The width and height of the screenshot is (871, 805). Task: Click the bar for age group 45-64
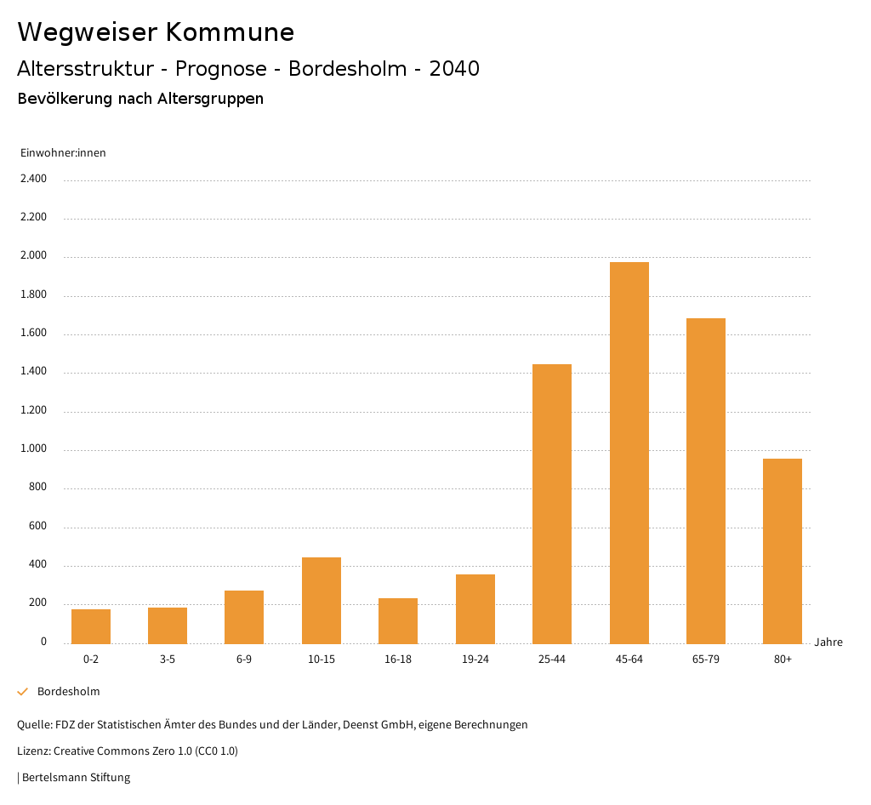coord(629,453)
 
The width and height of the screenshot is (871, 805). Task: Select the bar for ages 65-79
coord(706,481)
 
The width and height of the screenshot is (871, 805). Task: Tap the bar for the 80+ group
coord(783,551)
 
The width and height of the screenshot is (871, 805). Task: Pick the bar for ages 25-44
coord(552,504)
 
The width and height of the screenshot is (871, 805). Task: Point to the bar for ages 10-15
coord(322,601)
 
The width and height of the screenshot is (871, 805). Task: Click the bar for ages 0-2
coord(91,626)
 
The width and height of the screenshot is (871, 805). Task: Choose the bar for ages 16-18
coord(398,621)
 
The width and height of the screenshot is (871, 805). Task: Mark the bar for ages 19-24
coord(475,609)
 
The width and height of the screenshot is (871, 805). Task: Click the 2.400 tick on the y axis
coord(33,179)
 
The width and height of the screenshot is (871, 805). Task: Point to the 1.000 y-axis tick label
coord(33,449)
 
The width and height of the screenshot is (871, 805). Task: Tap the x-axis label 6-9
coord(244,659)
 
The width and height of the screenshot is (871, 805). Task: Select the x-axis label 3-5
coord(168,659)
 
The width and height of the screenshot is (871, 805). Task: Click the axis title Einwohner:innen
coord(63,153)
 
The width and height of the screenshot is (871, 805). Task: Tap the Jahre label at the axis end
coord(828,642)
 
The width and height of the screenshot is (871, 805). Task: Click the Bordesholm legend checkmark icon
coord(23,692)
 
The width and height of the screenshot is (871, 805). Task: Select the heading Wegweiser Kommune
coord(156,32)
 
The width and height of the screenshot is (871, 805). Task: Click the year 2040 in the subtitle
coord(454,69)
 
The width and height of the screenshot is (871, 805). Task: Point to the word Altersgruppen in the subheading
coord(210,99)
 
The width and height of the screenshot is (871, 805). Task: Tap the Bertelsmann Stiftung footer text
coord(76,778)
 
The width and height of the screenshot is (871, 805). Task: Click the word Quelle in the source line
coord(33,725)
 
